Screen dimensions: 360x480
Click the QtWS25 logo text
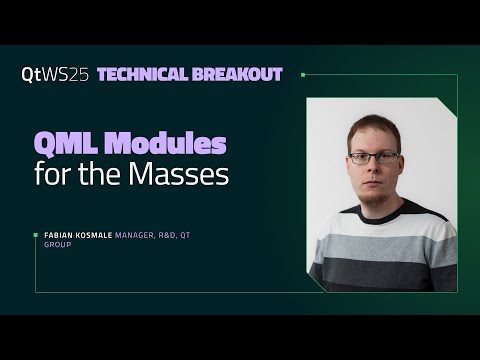coord(55,75)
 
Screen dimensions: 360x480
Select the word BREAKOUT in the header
coord(240,75)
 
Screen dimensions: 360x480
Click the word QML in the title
coord(68,144)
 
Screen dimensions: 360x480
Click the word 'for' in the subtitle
coord(53,175)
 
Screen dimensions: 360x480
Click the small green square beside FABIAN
coord(36,234)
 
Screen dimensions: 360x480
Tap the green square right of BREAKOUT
coord(302,74)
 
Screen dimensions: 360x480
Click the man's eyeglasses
coord(374,157)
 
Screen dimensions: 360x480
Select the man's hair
coord(372,128)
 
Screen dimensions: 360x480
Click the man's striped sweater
coord(380,250)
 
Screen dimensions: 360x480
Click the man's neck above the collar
coord(376,204)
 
